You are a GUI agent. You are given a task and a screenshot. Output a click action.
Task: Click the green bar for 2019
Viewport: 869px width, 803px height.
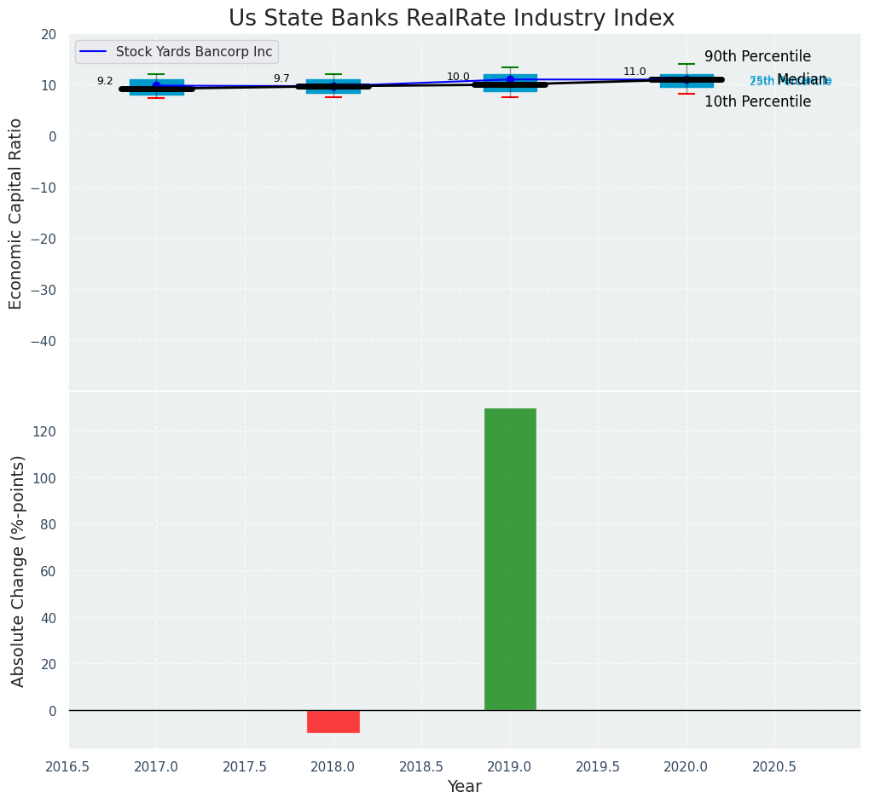(510, 559)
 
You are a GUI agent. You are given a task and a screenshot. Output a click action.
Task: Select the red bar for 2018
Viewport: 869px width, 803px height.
(333, 721)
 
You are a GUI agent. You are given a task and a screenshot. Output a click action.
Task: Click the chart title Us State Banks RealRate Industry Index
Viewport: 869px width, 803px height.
(451, 19)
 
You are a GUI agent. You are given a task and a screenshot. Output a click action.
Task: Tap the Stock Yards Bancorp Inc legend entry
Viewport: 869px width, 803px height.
(194, 52)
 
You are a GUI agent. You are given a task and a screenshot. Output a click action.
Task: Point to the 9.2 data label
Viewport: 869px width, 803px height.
(105, 81)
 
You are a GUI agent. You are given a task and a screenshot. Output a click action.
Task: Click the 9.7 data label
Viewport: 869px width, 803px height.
(281, 78)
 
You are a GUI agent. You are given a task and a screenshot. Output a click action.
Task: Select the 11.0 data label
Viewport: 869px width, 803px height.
(634, 72)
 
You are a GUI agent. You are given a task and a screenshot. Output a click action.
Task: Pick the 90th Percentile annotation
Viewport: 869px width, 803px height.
(757, 57)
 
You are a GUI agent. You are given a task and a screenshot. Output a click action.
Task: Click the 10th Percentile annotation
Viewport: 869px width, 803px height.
(757, 102)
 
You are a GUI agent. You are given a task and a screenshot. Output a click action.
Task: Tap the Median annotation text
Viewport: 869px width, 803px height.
(802, 79)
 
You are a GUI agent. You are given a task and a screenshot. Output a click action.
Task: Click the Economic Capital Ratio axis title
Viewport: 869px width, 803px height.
(16, 213)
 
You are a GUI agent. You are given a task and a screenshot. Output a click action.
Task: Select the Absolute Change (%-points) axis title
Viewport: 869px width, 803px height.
(19, 570)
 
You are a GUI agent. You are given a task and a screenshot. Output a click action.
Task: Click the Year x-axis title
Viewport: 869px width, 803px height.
(465, 787)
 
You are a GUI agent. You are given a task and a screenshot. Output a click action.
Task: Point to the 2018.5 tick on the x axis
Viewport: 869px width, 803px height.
(420, 767)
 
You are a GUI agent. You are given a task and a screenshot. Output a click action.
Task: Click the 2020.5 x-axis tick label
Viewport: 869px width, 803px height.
(774, 767)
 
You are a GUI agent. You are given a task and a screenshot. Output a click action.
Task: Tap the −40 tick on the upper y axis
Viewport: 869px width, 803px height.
(43, 341)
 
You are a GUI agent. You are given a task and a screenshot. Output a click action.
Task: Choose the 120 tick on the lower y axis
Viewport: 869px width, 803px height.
(44, 431)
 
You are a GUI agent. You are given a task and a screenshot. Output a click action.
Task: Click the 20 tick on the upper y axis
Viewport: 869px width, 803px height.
(49, 34)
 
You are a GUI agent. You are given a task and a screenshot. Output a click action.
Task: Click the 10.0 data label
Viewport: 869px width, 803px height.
(458, 77)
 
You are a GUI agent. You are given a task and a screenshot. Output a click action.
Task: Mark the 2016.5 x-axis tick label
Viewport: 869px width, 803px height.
(67, 767)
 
